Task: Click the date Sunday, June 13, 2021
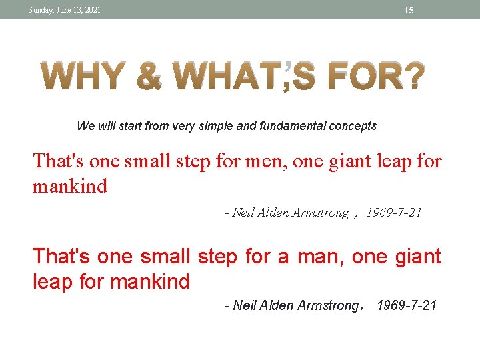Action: [65, 10]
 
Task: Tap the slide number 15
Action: [409, 10]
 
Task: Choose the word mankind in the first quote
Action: [70, 186]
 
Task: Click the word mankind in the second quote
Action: [150, 282]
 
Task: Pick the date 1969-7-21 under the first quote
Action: [395, 213]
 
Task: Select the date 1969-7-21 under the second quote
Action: [407, 306]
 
